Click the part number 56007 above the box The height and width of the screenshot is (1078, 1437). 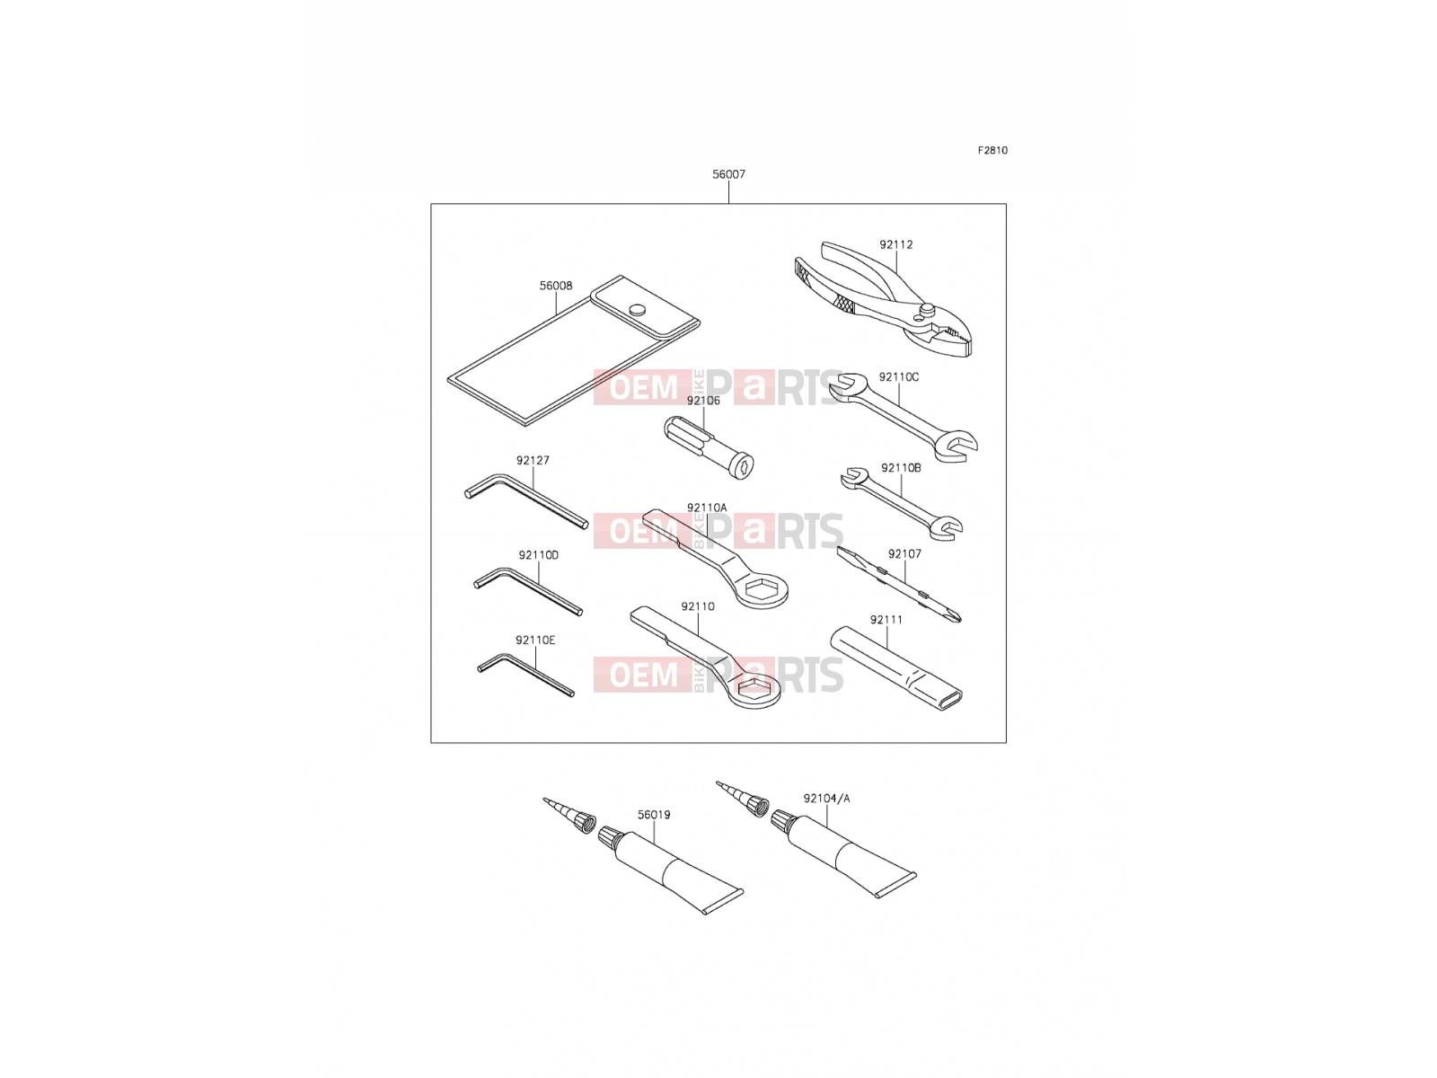[728, 174]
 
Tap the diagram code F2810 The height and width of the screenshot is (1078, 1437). [992, 150]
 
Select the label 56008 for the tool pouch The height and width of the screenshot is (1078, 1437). [556, 286]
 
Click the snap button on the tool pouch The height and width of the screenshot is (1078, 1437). [636, 309]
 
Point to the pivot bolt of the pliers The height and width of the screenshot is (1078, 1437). [926, 307]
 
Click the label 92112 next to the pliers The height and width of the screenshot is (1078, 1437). [895, 244]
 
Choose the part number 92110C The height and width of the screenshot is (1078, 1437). [898, 377]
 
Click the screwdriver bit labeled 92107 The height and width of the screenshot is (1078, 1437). [899, 585]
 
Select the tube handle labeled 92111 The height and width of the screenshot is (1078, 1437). [895, 667]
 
